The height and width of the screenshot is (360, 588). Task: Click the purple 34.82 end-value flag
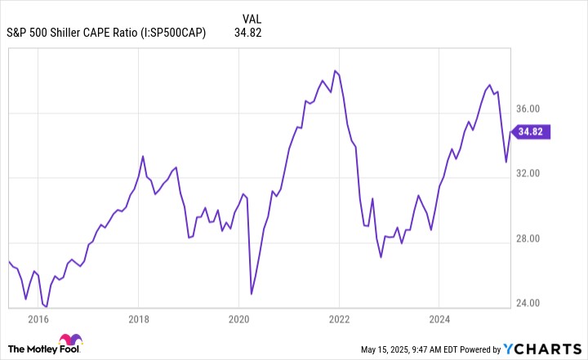coord(532,131)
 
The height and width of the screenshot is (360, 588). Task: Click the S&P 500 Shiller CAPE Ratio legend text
coord(107,33)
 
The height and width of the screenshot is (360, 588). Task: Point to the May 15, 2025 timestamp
coord(416,349)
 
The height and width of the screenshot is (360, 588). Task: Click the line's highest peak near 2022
coord(335,70)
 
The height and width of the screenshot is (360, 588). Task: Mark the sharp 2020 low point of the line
coord(252,293)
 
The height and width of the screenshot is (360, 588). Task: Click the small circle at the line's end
coord(511,131)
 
